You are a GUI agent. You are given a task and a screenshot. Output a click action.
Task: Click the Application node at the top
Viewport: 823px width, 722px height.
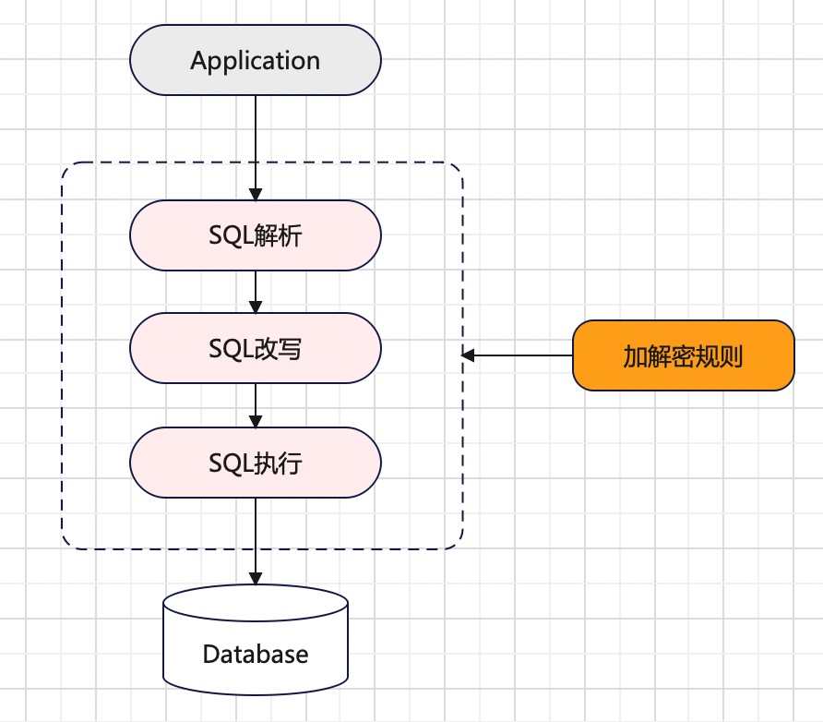tap(255, 61)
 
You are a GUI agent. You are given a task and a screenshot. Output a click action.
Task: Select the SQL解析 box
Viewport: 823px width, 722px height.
tap(255, 235)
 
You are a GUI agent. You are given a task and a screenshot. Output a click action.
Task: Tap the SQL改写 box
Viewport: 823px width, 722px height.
tap(255, 348)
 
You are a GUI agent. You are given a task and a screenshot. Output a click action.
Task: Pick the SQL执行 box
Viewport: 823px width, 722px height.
tap(255, 462)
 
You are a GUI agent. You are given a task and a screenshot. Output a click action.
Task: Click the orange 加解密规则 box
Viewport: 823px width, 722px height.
tap(683, 355)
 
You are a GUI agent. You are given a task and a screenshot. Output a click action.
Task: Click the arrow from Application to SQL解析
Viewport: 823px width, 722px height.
tap(255, 138)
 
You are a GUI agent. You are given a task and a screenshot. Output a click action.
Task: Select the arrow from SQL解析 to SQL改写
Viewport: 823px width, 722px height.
tap(255, 292)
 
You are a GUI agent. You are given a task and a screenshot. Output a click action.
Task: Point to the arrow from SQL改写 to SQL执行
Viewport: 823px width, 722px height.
tap(255, 405)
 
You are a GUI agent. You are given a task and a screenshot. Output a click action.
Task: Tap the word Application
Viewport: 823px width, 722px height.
tap(255, 61)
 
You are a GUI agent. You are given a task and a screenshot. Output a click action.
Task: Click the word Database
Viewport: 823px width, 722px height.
tap(255, 655)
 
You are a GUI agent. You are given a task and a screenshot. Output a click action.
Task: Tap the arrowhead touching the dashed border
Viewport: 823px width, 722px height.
tap(469, 355)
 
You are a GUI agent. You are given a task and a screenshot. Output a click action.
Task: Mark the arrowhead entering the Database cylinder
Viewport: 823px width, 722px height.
tap(255, 578)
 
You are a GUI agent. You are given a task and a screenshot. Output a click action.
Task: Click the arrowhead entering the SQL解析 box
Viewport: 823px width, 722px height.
tap(255, 194)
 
